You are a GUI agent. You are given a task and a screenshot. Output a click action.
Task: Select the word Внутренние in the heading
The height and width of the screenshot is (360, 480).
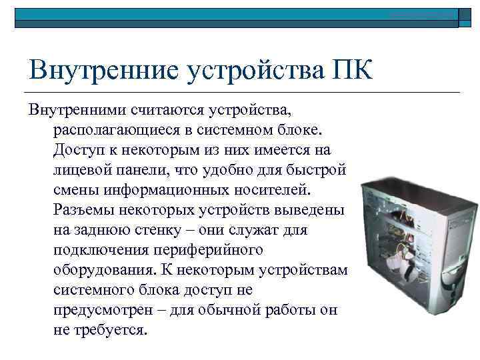(100, 70)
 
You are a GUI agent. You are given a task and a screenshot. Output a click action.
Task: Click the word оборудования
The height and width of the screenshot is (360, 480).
(101, 270)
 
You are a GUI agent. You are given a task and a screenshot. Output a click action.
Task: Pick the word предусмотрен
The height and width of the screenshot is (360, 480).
(104, 311)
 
